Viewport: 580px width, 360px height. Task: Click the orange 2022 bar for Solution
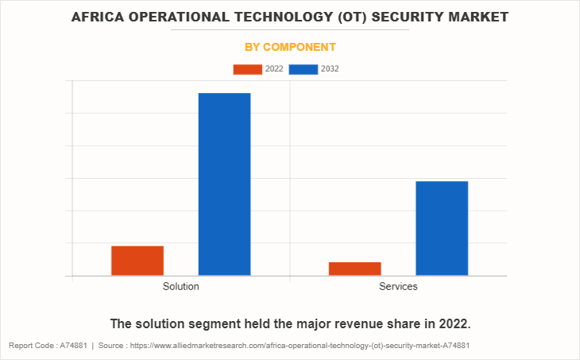click(137, 261)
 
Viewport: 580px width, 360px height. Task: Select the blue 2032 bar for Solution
click(224, 184)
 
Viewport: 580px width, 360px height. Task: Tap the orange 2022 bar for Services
click(354, 269)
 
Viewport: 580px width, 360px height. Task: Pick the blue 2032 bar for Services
click(441, 228)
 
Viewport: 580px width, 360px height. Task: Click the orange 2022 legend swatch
click(247, 69)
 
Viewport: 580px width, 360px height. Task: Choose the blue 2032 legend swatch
click(304, 69)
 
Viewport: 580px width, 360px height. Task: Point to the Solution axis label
click(180, 286)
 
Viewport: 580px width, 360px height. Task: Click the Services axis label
click(398, 286)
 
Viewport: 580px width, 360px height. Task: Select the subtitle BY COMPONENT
click(290, 47)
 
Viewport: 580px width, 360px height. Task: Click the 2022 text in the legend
click(274, 69)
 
